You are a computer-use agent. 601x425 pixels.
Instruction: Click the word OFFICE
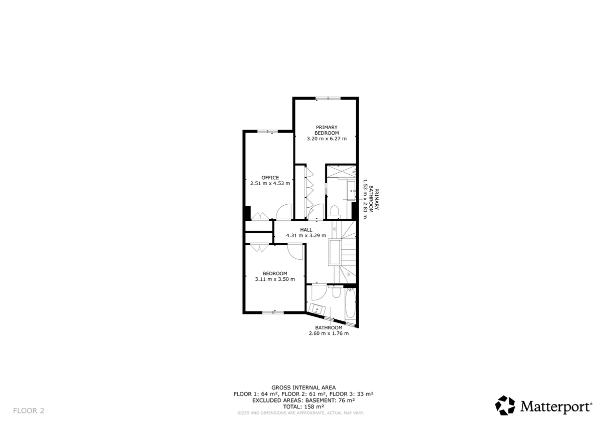[270, 178]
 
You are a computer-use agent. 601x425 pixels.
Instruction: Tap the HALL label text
[306, 230]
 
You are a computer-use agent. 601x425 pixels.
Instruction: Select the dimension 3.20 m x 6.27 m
[327, 139]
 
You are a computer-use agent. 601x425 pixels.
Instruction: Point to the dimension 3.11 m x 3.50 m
[275, 279]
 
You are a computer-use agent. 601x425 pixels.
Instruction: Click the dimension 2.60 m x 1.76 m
[329, 333]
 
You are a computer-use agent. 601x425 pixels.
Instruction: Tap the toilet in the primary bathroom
[335, 212]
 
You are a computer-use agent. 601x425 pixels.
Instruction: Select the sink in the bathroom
[317, 309]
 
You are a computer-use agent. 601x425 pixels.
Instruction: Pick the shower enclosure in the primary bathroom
[341, 171]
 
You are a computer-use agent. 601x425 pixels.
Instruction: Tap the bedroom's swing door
[295, 251]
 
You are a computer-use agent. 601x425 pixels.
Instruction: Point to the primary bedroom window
[328, 98]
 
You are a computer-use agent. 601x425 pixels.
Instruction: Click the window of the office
[267, 131]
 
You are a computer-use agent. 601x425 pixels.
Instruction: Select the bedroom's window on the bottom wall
[272, 312]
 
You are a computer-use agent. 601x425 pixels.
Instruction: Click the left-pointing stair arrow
[334, 229]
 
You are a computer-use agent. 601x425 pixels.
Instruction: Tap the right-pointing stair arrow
[349, 275]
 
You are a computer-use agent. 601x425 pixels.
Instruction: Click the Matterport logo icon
[505, 405]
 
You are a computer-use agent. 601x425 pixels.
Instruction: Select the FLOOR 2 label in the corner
[29, 410]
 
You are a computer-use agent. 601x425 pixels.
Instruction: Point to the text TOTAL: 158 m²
[304, 406]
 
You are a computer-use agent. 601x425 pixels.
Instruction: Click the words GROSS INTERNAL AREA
[304, 387]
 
